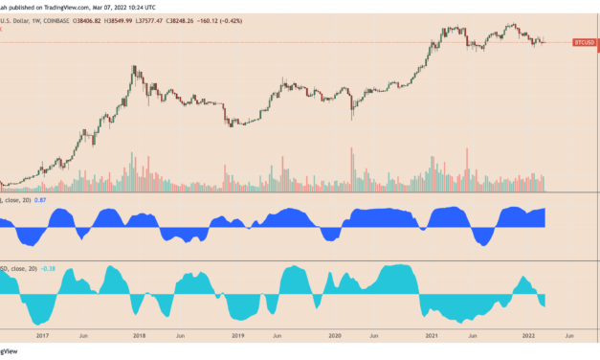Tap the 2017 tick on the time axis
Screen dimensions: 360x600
(x=43, y=336)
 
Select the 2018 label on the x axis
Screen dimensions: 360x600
(x=140, y=336)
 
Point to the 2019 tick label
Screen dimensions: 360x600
(x=237, y=336)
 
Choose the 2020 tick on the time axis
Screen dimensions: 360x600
(x=335, y=336)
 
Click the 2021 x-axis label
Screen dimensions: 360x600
(x=433, y=336)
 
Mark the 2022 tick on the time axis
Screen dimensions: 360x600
(x=529, y=336)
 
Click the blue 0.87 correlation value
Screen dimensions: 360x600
(x=40, y=199)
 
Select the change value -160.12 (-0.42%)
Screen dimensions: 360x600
(x=236, y=17)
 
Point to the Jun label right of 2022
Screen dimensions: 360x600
(x=569, y=336)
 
